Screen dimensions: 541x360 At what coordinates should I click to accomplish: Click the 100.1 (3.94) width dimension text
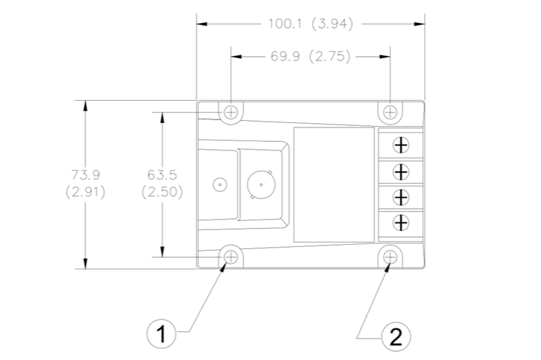click(x=311, y=24)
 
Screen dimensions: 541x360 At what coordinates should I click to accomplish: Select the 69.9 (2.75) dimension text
click(x=310, y=56)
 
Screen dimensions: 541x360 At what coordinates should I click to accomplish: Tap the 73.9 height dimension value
click(x=86, y=175)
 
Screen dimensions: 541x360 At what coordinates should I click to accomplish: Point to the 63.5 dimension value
click(x=162, y=175)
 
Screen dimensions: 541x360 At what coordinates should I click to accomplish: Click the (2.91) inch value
click(x=86, y=192)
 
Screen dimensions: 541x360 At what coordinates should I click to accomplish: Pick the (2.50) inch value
click(x=162, y=192)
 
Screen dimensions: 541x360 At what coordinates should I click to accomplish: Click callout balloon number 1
click(x=161, y=334)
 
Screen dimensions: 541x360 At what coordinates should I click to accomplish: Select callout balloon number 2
click(x=396, y=336)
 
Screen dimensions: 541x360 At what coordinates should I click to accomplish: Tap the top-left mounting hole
click(x=231, y=112)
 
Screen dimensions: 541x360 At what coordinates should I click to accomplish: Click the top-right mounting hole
click(x=390, y=112)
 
